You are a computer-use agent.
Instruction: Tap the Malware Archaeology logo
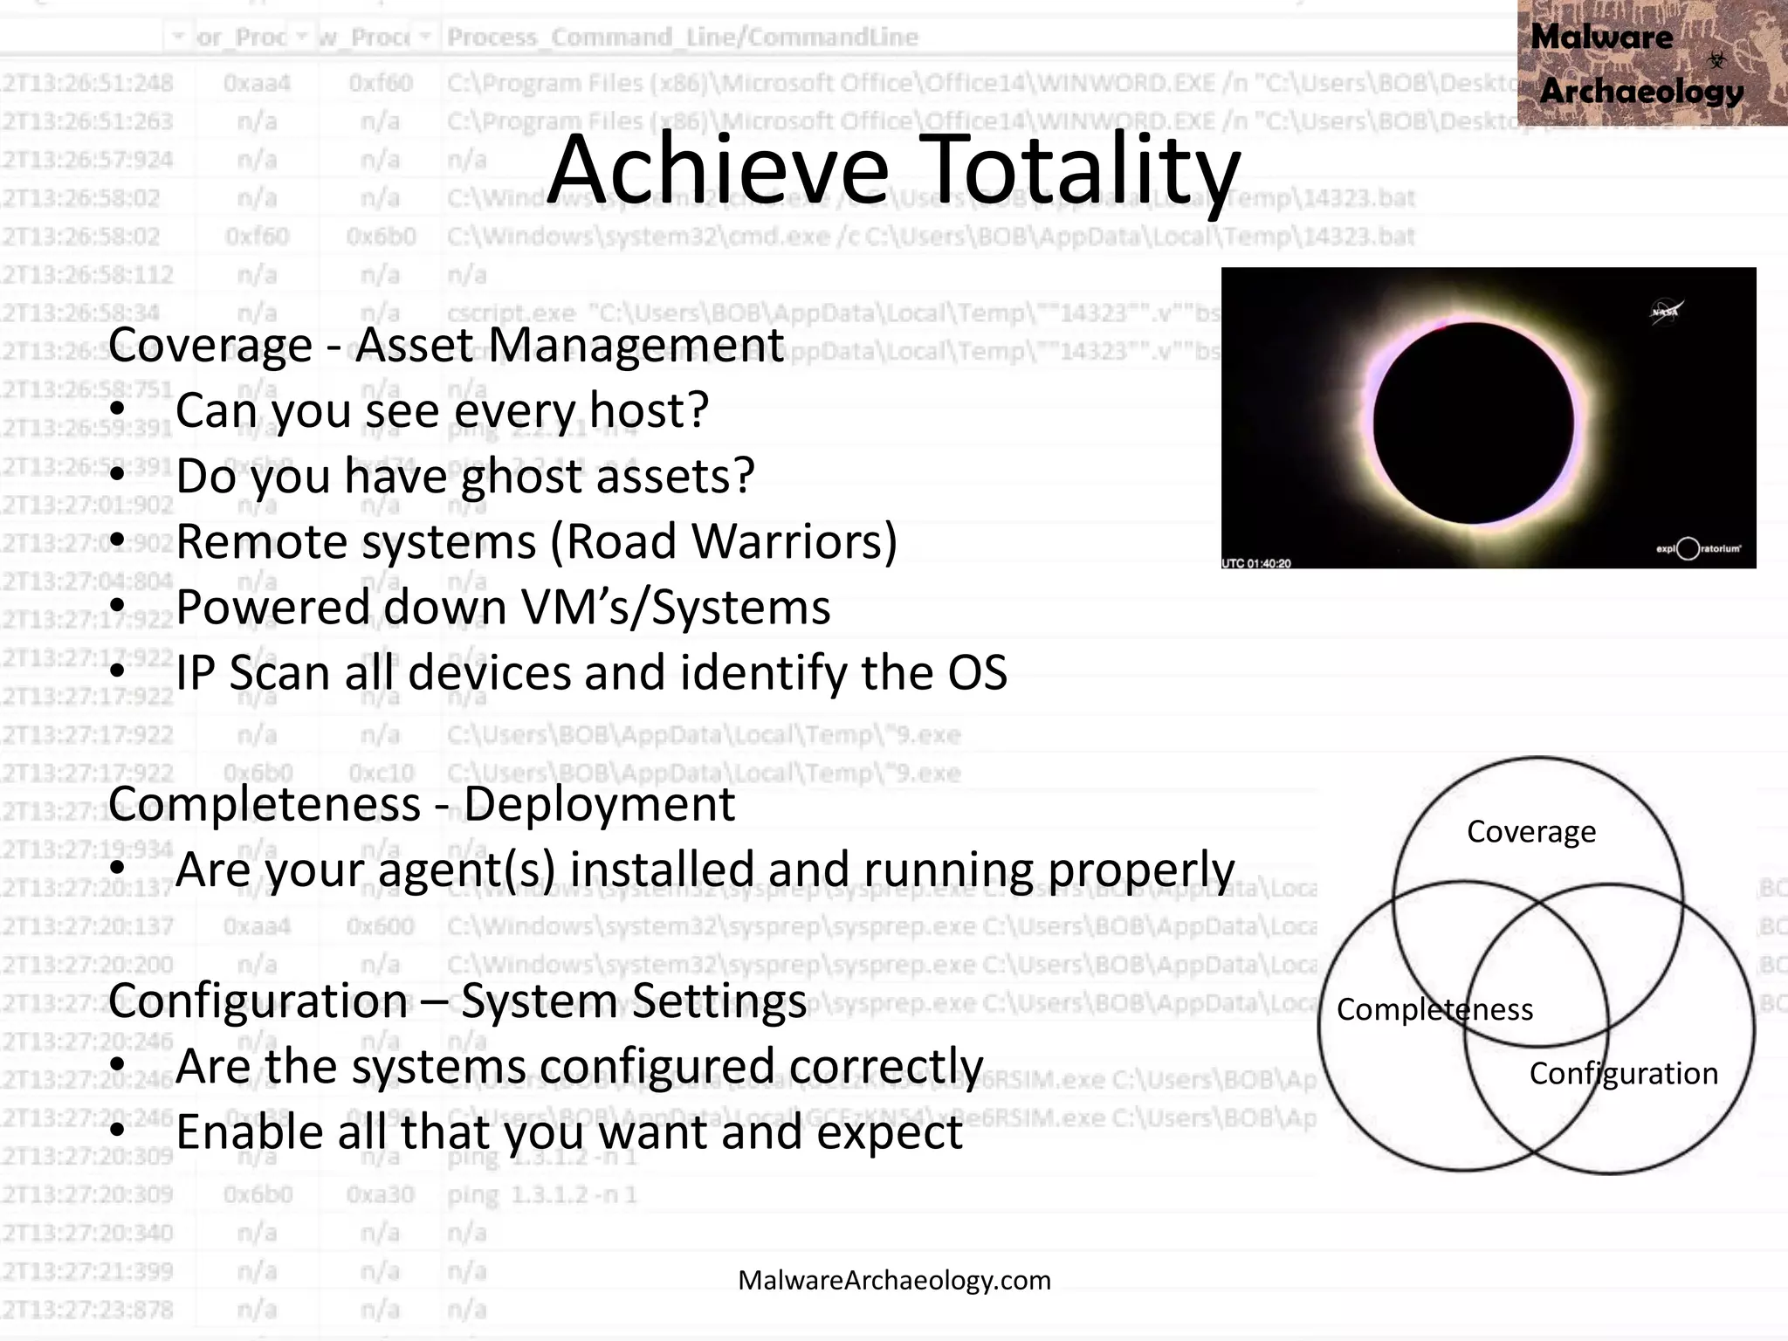coord(1650,63)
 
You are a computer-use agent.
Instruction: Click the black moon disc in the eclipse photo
coord(1474,423)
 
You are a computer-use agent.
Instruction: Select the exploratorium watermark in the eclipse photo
coord(1698,548)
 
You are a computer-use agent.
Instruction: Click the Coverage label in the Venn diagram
coord(1531,832)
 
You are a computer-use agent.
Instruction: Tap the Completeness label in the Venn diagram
coord(1434,1009)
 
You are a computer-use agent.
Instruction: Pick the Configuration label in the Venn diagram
coord(1623,1073)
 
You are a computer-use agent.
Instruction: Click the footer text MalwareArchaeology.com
coord(894,1280)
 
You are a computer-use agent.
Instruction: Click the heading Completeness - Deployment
coord(422,804)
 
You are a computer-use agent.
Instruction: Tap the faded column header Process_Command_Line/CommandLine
coord(682,38)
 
